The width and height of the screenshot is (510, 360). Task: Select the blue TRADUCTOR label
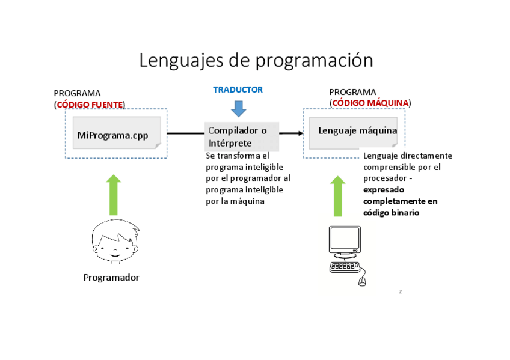[x=238, y=90]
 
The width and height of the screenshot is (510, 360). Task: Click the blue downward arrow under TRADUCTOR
[x=239, y=108]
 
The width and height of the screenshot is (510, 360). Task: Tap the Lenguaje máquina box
[x=353, y=131]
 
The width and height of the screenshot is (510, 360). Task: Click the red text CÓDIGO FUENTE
[x=90, y=105]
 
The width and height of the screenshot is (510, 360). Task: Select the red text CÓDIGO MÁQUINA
[x=370, y=103]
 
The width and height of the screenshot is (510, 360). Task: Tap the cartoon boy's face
[x=114, y=243]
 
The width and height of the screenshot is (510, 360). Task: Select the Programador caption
[x=111, y=278]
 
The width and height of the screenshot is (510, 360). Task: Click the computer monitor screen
[x=345, y=240]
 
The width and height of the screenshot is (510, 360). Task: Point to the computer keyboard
[x=345, y=267]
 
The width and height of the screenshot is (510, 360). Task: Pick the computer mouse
[x=362, y=281]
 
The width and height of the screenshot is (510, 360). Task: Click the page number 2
[x=400, y=291]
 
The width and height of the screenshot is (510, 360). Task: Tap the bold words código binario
[x=392, y=213]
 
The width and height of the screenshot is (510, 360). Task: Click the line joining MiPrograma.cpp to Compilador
[x=185, y=133]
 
